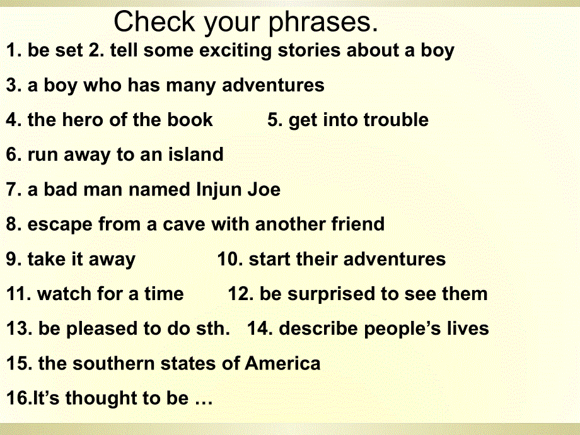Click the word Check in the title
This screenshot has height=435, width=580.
click(x=154, y=21)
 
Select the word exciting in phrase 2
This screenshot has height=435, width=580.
click(x=235, y=50)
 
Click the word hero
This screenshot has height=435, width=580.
click(x=83, y=120)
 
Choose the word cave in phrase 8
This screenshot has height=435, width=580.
click(x=184, y=224)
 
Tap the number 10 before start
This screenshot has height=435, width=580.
click(x=229, y=259)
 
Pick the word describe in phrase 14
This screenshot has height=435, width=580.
click(x=318, y=328)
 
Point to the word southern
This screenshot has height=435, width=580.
click(x=112, y=363)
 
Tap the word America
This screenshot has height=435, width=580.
click(x=282, y=363)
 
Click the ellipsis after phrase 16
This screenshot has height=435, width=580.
click(x=204, y=403)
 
